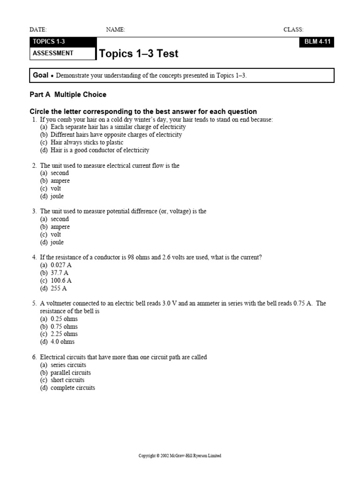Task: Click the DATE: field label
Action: click(x=38, y=30)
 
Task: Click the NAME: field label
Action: click(x=115, y=30)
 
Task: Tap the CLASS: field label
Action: click(x=293, y=30)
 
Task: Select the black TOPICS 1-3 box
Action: click(x=63, y=42)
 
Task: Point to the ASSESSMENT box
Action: click(x=63, y=53)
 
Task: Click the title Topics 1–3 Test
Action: click(x=139, y=54)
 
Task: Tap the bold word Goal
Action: click(x=40, y=75)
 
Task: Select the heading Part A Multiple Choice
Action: click(x=68, y=95)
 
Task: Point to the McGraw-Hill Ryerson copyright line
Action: click(x=180, y=456)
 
